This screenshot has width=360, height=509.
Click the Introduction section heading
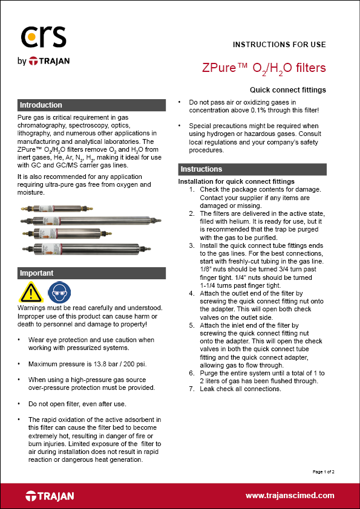click(41, 105)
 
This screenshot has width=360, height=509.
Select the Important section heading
click(37, 273)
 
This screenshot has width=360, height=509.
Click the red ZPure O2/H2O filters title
click(264, 68)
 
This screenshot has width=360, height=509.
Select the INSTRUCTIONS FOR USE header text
click(279, 45)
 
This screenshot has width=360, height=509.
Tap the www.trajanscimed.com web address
click(290, 495)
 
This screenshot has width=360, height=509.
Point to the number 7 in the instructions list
click(191, 389)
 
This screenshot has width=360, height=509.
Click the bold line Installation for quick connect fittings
click(236, 181)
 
